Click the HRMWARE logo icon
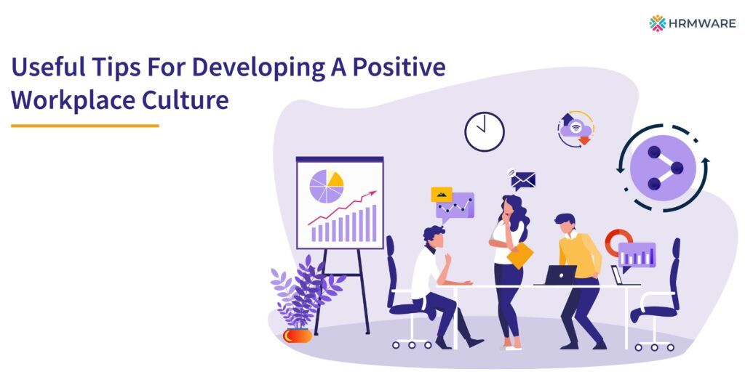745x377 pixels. tap(658, 23)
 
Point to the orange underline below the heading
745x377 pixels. tap(84, 126)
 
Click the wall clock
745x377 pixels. tap(485, 131)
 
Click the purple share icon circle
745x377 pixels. tap(662, 169)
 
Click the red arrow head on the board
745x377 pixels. tap(373, 193)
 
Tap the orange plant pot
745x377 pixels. tap(298, 335)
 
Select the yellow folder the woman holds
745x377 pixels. tap(519, 255)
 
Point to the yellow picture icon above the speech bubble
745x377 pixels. tap(441, 194)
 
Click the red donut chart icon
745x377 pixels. tap(617, 242)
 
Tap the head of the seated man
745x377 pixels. tap(434, 236)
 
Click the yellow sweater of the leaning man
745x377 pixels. tap(580, 254)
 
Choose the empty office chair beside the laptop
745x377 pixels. tap(658, 291)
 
